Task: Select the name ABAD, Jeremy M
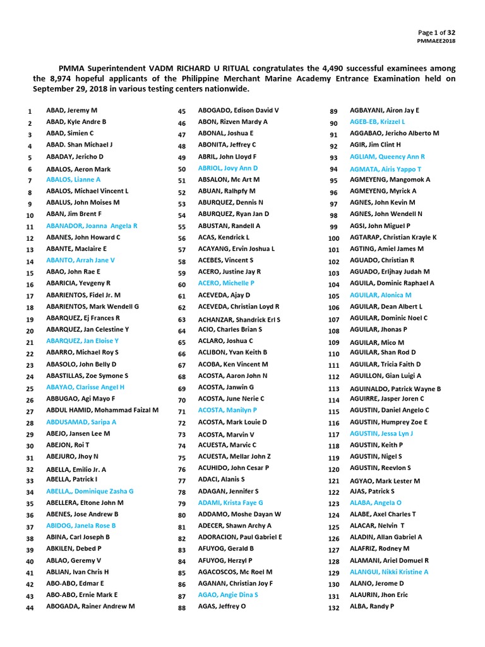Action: coord(72,111)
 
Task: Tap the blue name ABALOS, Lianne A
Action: coord(73,179)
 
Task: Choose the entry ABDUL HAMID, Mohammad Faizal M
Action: coord(103,410)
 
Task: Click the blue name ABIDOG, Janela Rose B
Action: coord(81,526)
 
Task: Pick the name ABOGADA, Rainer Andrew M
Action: coord(91,607)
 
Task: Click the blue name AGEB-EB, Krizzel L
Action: coord(378,121)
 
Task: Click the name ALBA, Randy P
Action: coord(372,607)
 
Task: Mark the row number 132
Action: coord(334,608)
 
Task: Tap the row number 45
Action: coord(182,111)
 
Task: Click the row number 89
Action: coord(334,111)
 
